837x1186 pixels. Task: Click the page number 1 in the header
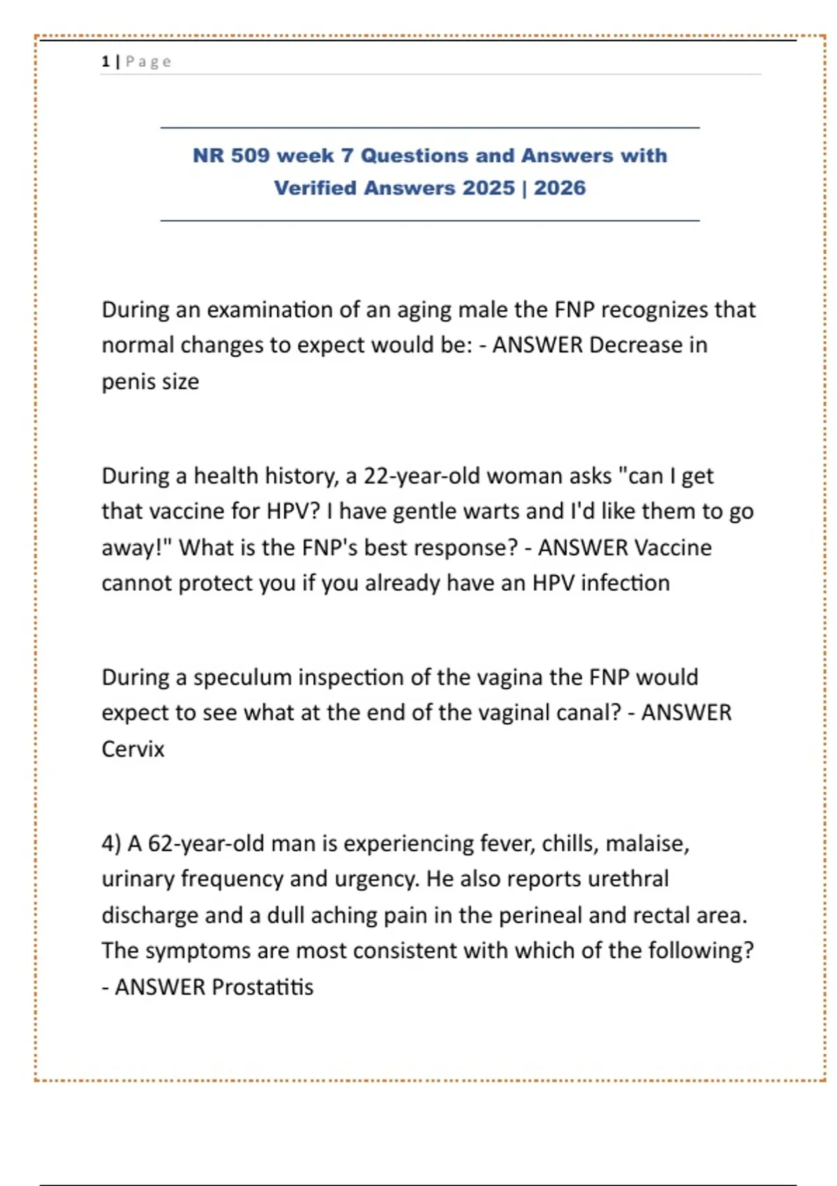(105, 61)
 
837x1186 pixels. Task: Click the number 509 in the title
(250, 155)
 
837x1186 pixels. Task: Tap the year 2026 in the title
(559, 188)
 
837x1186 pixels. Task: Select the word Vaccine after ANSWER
(673, 548)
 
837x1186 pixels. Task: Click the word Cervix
(133, 749)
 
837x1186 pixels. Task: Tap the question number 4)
(112, 843)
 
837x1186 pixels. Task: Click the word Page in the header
(149, 61)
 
